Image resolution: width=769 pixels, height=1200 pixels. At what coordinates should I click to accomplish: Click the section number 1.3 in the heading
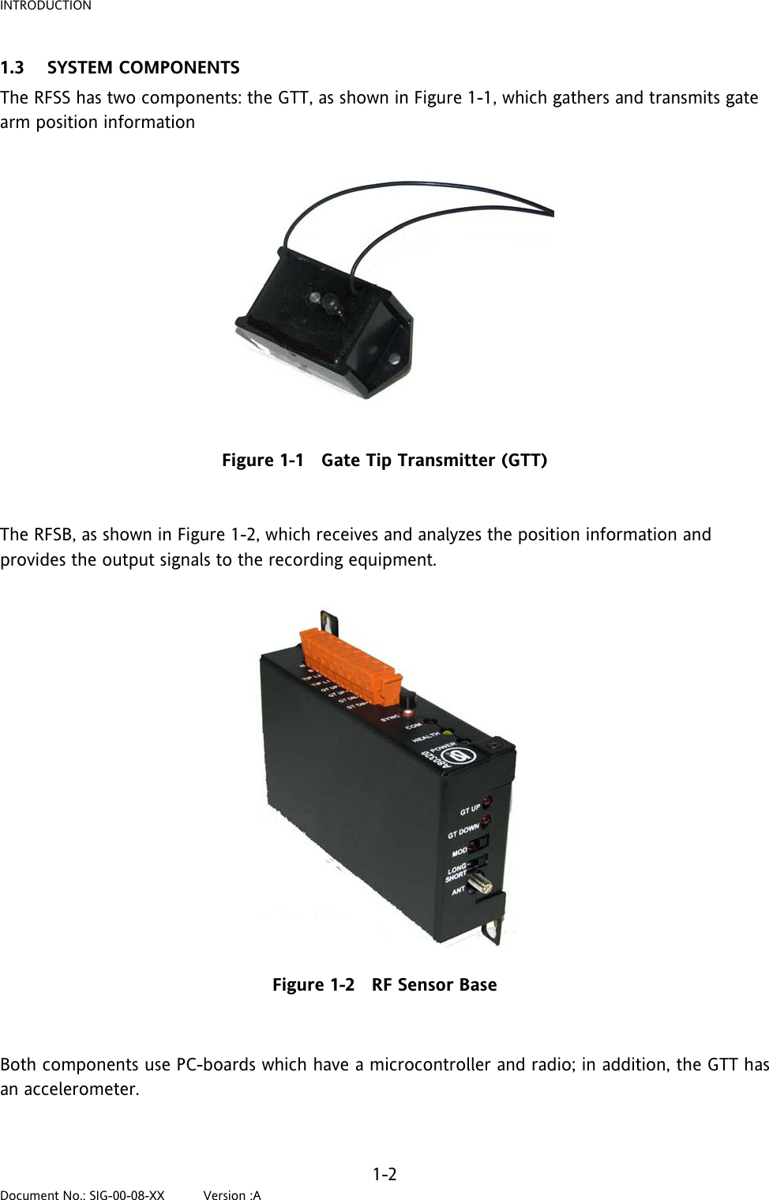pos(13,68)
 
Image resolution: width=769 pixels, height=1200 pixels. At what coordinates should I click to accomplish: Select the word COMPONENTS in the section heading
pos(179,68)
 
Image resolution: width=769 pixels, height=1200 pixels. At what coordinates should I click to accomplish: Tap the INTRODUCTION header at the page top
pos(46,6)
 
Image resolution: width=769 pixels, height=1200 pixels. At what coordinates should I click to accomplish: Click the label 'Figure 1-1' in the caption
pos(262,461)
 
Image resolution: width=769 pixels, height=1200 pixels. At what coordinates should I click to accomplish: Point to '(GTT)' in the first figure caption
pos(524,461)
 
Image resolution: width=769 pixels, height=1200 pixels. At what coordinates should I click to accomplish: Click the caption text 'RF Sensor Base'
pos(434,985)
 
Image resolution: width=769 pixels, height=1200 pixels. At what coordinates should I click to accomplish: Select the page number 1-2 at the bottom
pos(384,1174)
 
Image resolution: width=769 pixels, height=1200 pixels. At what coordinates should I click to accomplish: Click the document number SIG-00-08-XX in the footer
pos(126,1195)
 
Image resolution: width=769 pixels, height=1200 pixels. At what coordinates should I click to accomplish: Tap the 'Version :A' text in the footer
pos(232,1195)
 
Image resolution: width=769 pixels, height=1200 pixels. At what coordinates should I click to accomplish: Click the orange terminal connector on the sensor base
pos(352,666)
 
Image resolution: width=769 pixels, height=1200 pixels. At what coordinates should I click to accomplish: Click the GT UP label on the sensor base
pos(470,810)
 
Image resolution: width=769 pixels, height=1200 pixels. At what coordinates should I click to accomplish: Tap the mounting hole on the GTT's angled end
pos(392,359)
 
